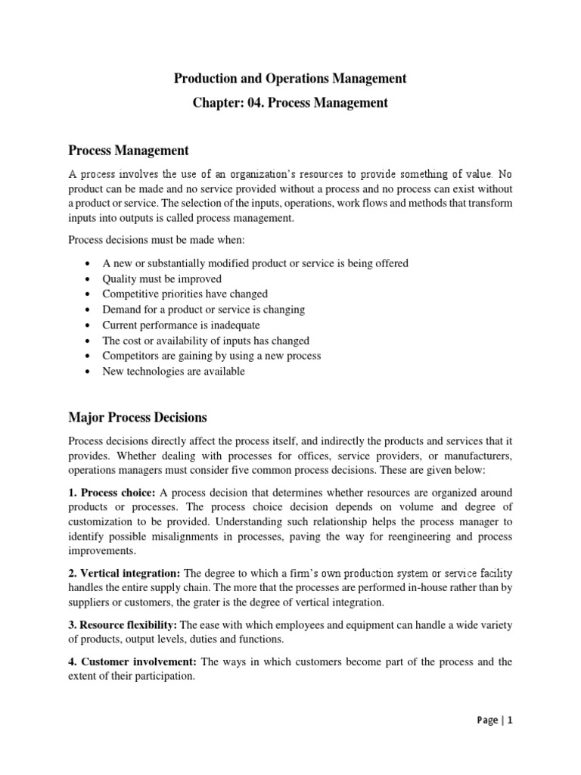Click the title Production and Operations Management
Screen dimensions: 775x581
(290, 78)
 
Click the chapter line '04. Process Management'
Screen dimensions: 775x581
(290, 103)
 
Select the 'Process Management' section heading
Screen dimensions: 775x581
(129, 151)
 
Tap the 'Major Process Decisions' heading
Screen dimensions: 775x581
(137, 417)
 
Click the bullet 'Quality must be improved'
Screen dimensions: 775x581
(162, 279)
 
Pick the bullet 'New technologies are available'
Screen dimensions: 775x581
(173, 372)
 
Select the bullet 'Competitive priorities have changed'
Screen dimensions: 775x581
(185, 294)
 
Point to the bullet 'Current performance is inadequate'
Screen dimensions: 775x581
(181, 325)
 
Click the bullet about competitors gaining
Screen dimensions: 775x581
(212, 356)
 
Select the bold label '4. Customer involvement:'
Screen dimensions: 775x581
(132, 661)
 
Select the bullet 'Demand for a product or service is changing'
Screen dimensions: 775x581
(204, 310)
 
